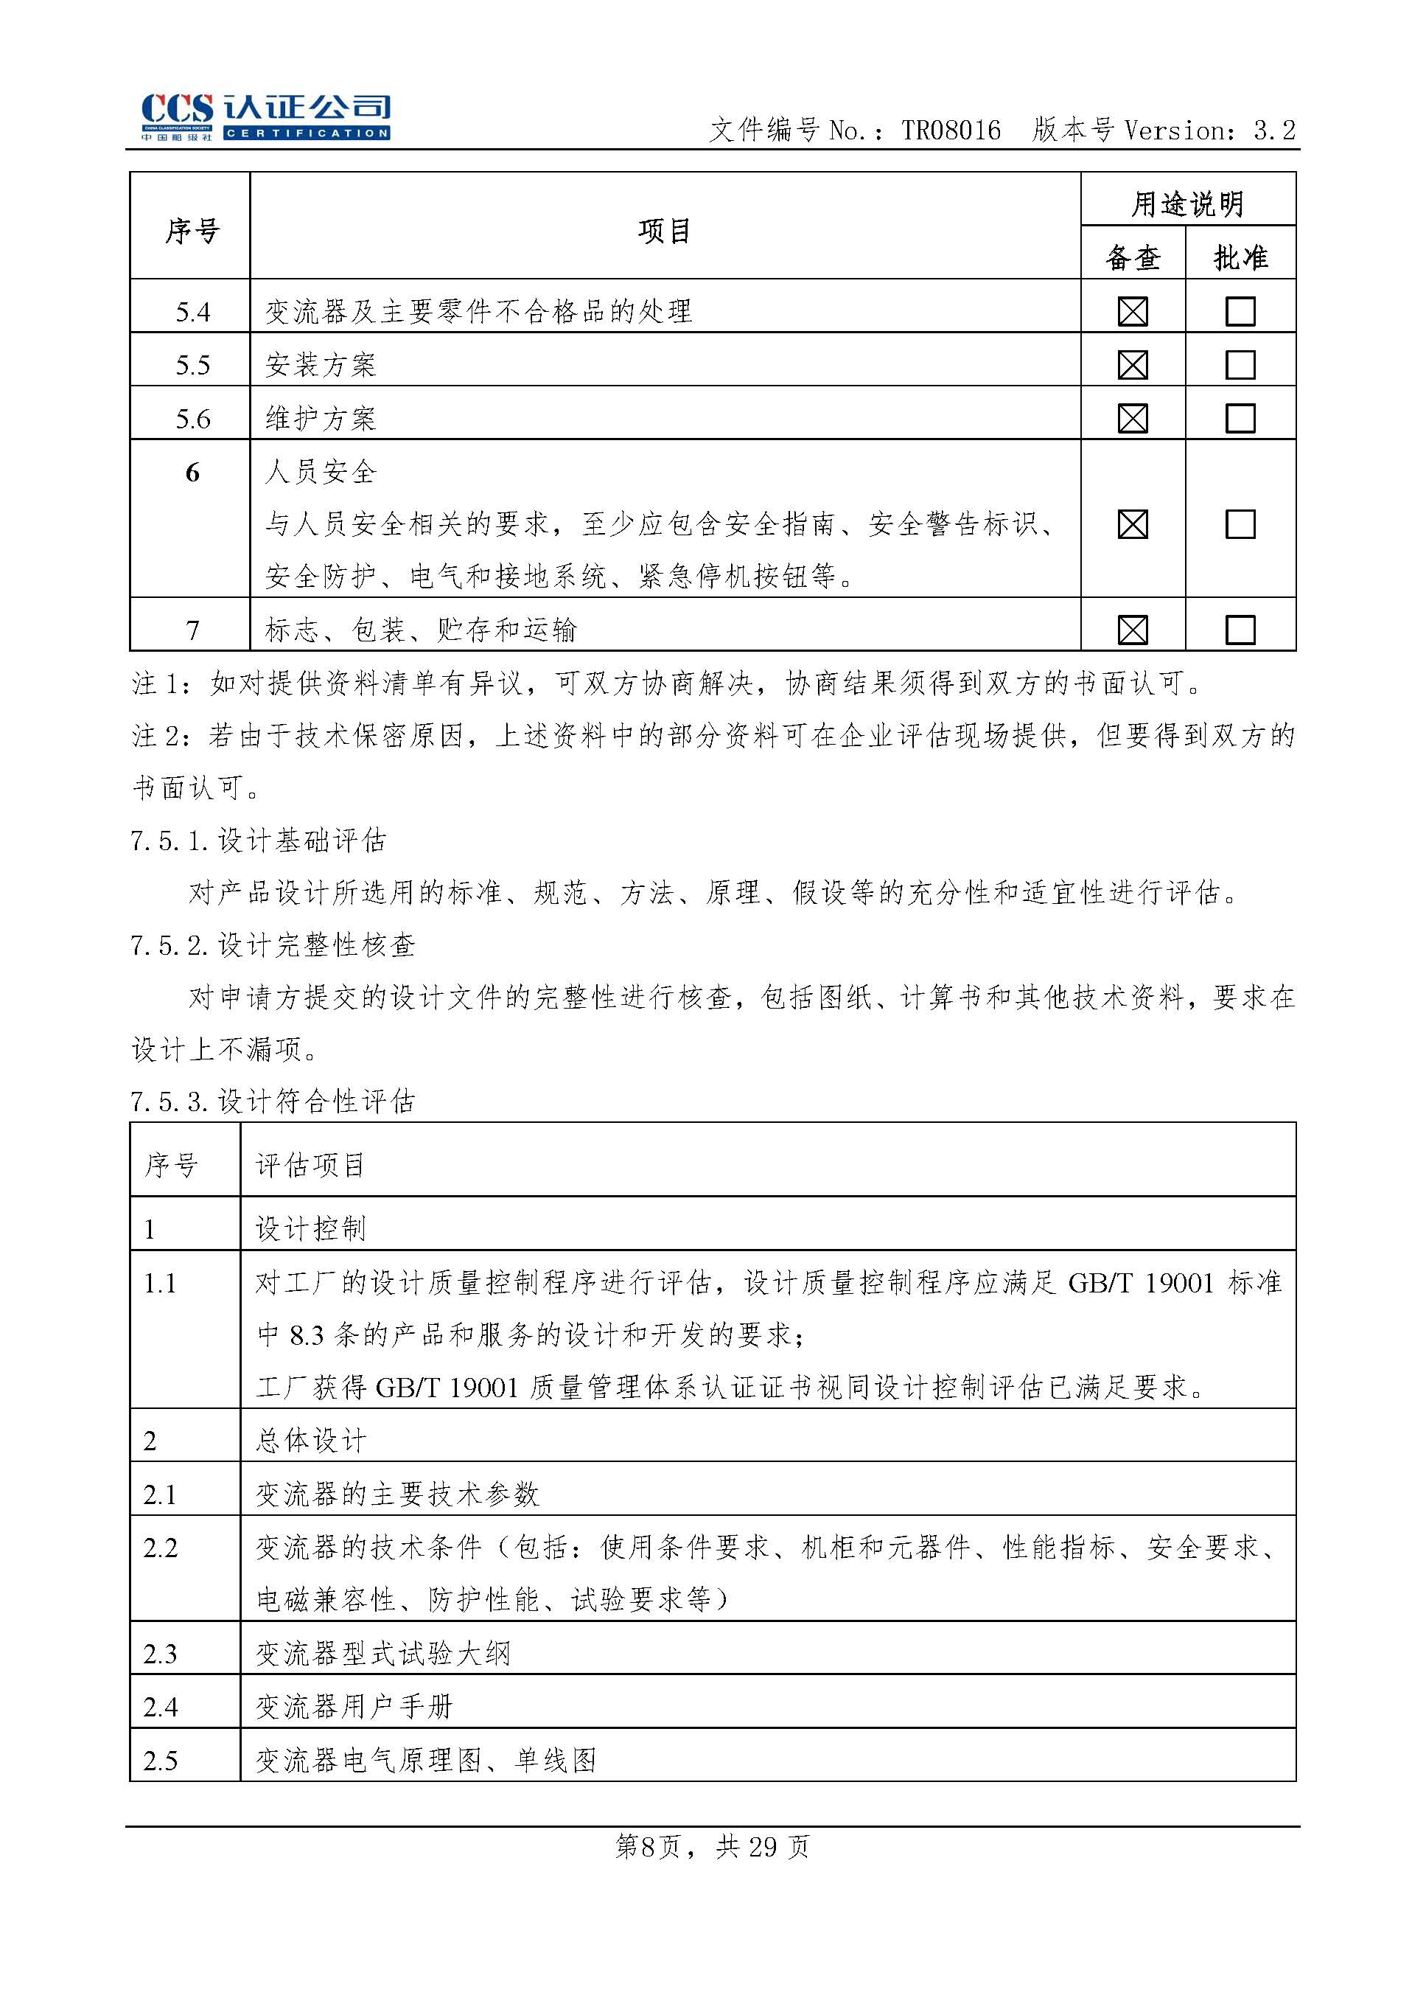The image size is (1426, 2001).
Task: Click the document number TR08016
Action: [950, 131]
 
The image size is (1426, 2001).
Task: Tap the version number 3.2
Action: [1274, 131]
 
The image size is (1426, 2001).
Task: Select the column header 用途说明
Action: [1187, 203]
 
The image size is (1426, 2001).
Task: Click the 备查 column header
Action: [1133, 257]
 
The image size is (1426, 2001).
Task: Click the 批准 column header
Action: [1240, 257]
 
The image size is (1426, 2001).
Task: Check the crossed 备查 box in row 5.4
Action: [1133, 312]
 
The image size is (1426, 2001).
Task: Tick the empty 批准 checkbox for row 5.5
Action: [1240, 364]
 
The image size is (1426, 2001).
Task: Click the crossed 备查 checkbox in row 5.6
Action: [1133, 418]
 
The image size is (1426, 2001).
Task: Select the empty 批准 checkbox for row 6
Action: [1240, 524]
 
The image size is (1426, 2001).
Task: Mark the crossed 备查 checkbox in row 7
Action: [1133, 630]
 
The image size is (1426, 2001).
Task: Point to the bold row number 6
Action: [192, 473]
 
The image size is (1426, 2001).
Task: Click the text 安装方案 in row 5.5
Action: [321, 364]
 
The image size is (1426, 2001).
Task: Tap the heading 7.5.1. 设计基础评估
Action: [258, 841]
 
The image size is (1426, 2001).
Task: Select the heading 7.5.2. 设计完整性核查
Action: [272, 945]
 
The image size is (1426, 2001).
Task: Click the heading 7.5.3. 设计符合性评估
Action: [272, 1101]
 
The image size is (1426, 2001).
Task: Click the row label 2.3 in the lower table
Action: [161, 1654]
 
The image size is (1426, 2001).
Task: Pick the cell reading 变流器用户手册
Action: [354, 1707]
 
